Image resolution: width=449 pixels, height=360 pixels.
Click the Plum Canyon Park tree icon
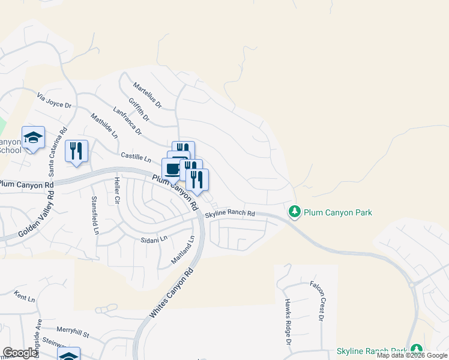(x=294, y=212)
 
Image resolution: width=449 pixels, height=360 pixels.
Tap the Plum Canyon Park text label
(x=338, y=212)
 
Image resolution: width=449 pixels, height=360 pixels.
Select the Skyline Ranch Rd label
(x=230, y=214)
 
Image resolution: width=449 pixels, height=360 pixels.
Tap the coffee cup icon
(x=172, y=169)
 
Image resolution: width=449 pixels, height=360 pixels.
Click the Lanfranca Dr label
(x=127, y=121)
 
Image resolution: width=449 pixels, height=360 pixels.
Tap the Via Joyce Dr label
(x=54, y=100)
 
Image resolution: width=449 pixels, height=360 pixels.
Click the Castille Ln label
(x=136, y=157)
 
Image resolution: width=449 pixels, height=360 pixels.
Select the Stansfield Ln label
(x=94, y=215)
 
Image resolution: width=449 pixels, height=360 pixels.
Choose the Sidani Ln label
(x=154, y=239)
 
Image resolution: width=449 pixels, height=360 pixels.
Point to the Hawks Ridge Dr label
(x=288, y=322)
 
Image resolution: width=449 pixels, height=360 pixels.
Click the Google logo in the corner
(x=20, y=353)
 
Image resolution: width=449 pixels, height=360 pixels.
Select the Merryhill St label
(x=73, y=331)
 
